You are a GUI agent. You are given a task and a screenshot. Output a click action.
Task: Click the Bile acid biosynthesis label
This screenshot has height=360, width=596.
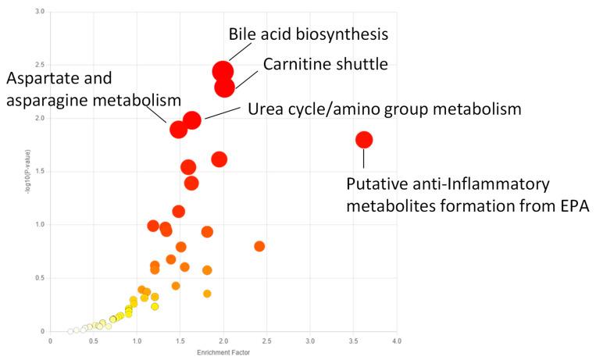(x=308, y=34)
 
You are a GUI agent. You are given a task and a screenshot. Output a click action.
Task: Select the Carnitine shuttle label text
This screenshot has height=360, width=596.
(x=325, y=64)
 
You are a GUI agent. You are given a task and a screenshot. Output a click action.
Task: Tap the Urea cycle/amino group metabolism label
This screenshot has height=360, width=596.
(x=384, y=109)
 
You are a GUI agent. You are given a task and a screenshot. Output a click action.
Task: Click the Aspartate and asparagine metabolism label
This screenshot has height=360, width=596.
(x=94, y=90)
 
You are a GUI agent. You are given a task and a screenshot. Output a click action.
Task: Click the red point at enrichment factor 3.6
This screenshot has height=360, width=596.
(x=364, y=140)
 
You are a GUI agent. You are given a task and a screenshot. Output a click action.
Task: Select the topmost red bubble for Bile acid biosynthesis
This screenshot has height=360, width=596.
(x=223, y=72)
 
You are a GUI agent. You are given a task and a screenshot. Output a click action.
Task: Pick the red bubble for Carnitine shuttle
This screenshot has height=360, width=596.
(x=225, y=87)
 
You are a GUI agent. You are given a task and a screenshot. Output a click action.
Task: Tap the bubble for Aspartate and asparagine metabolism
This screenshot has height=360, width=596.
(x=179, y=129)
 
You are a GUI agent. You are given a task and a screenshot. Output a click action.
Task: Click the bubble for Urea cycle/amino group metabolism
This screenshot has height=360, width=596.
(x=192, y=119)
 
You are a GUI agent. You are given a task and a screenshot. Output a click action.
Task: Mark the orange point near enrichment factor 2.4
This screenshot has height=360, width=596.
(x=259, y=246)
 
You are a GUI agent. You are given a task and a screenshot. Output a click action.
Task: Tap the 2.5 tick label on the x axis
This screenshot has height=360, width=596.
(x=267, y=341)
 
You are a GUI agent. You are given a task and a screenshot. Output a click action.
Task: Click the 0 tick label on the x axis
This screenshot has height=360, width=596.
(x=51, y=341)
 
